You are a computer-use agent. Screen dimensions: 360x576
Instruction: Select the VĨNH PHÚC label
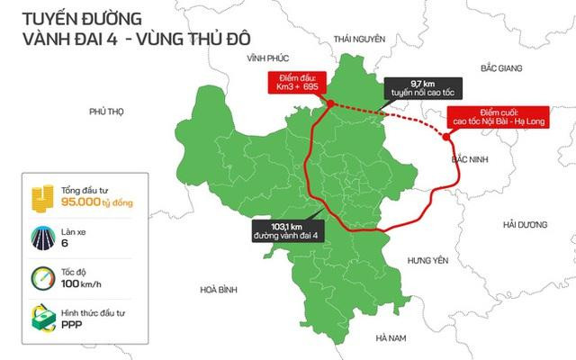pos(264,57)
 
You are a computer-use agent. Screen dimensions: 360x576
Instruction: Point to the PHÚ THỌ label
pos(105,112)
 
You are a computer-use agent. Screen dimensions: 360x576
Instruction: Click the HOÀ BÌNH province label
pos(218,290)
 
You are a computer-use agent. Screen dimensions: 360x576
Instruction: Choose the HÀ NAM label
pos(392,337)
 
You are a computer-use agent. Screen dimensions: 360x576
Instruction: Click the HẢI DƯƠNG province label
pos(526,223)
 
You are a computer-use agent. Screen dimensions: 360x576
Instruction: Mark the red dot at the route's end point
pos(447,137)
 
